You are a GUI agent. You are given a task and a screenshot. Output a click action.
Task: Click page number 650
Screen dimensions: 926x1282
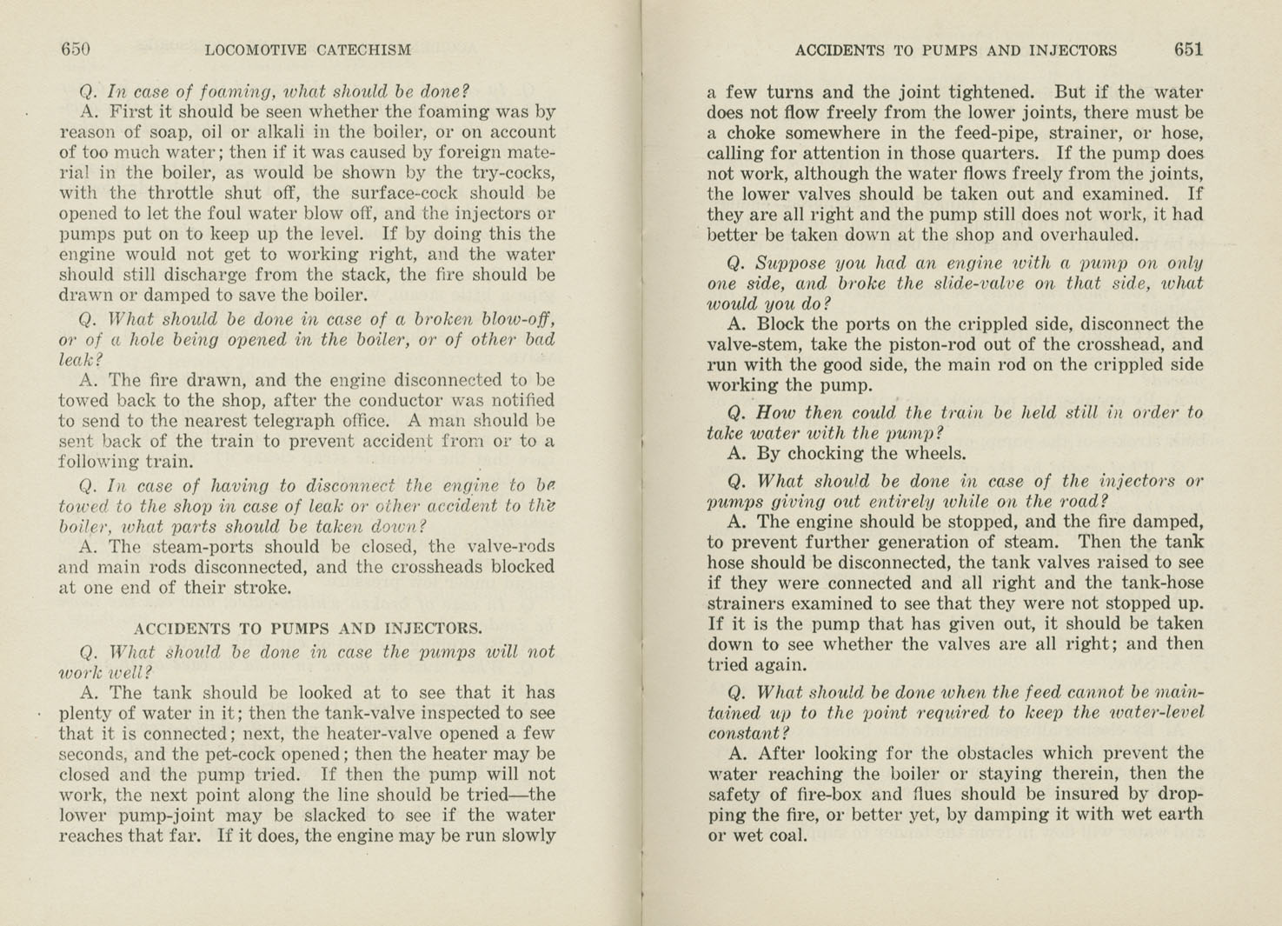[76, 50]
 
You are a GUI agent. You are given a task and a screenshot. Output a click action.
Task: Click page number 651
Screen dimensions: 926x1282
[1188, 50]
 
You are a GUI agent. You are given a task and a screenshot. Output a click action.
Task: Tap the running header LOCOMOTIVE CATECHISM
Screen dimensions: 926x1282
[308, 50]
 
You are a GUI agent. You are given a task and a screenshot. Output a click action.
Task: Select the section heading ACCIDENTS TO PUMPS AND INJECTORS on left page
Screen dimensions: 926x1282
[308, 629]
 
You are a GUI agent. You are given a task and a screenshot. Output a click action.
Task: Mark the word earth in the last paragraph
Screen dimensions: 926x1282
[1177, 814]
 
